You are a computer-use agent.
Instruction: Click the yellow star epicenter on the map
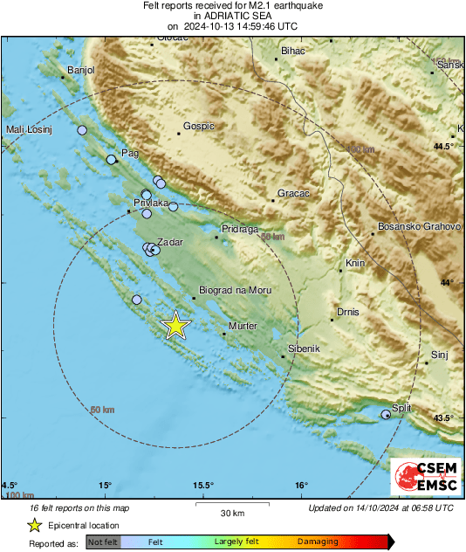click(176, 325)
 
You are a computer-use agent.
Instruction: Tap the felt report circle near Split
click(386, 414)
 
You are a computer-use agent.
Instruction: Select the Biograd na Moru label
click(236, 290)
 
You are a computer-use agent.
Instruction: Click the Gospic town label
click(196, 126)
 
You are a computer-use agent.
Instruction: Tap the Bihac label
click(294, 52)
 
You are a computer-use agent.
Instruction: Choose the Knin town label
click(354, 263)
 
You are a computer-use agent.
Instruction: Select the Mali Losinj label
click(30, 130)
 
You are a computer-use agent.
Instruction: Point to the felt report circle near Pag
click(111, 159)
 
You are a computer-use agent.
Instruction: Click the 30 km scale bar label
click(232, 513)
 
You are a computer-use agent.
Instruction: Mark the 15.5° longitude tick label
click(202, 485)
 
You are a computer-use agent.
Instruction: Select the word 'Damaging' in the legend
click(318, 542)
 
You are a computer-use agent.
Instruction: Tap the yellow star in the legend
click(34, 525)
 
